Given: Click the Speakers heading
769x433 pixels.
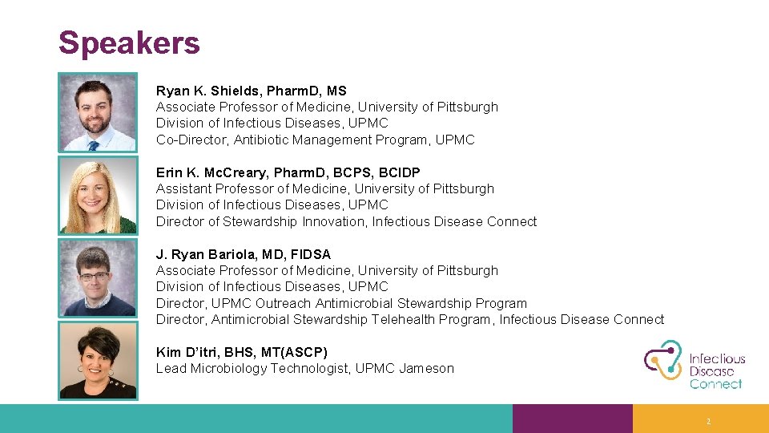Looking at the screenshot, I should pyautogui.click(x=129, y=42).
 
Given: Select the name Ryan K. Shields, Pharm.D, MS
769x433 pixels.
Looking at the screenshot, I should pyautogui.click(x=251, y=91).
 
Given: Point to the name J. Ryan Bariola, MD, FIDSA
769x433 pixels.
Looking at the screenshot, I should pyautogui.click(x=243, y=254).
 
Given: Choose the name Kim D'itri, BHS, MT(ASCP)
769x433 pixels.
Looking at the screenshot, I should pyautogui.click(x=241, y=352).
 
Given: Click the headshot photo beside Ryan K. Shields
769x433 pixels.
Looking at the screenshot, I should pyautogui.click(x=98, y=113).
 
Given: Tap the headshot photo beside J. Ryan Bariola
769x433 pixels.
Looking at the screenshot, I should pyautogui.click(x=98, y=277).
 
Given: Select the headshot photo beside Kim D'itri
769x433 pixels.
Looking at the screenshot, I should pyautogui.click(x=98, y=360).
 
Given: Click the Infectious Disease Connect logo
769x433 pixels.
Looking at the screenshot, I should pyautogui.click(x=695, y=365).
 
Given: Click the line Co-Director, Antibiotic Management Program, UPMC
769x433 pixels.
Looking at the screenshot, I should pyautogui.click(x=315, y=140).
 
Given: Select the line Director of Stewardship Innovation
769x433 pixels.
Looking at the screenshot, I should pyautogui.click(x=346, y=221).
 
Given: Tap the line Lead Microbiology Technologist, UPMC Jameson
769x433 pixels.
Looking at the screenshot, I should pyautogui.click(x=304, y=369).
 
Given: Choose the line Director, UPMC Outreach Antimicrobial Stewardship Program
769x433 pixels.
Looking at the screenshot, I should pyautogui.click(x=341, y=303).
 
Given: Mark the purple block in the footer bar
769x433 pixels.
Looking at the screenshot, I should pyautogui.click(x=572, y=419).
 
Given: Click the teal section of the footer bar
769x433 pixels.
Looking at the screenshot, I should pyautogui.click(x=256, y=419).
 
